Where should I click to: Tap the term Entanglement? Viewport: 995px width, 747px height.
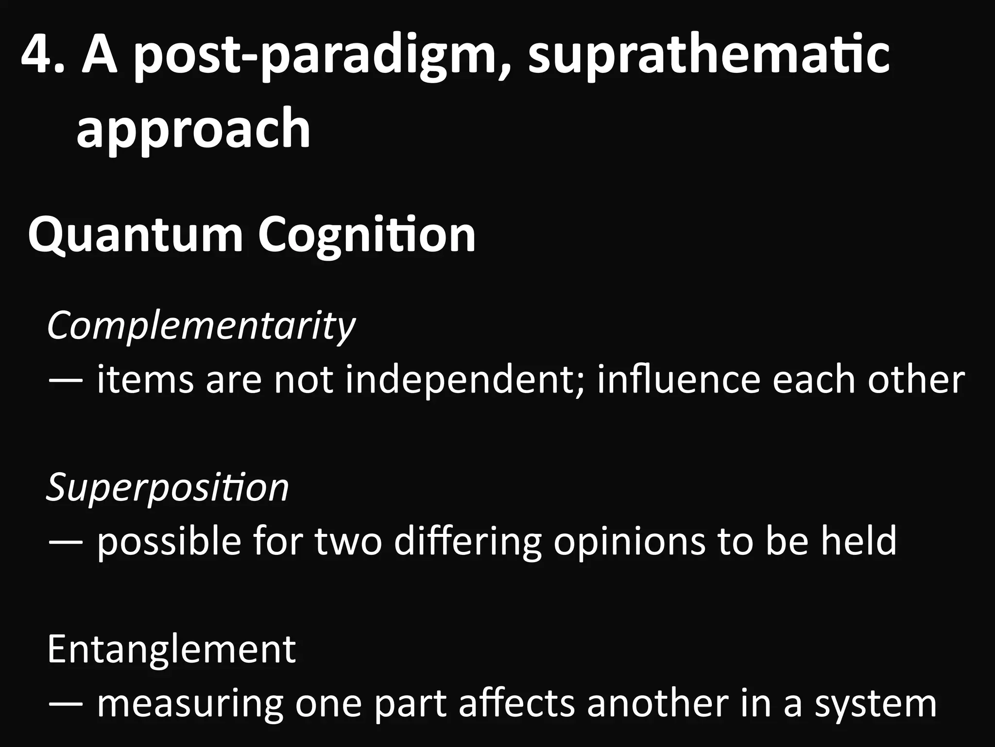pyautogui.click(x=172, y=649)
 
